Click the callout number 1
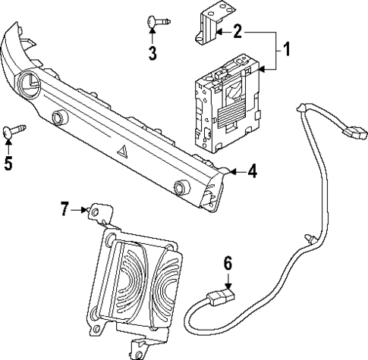pos(287,52)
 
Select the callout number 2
pos(238,32)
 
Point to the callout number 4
pos(252,172)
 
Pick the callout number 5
pos(8,163)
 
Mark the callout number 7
pos(65,208)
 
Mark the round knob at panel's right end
pos(181,187)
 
